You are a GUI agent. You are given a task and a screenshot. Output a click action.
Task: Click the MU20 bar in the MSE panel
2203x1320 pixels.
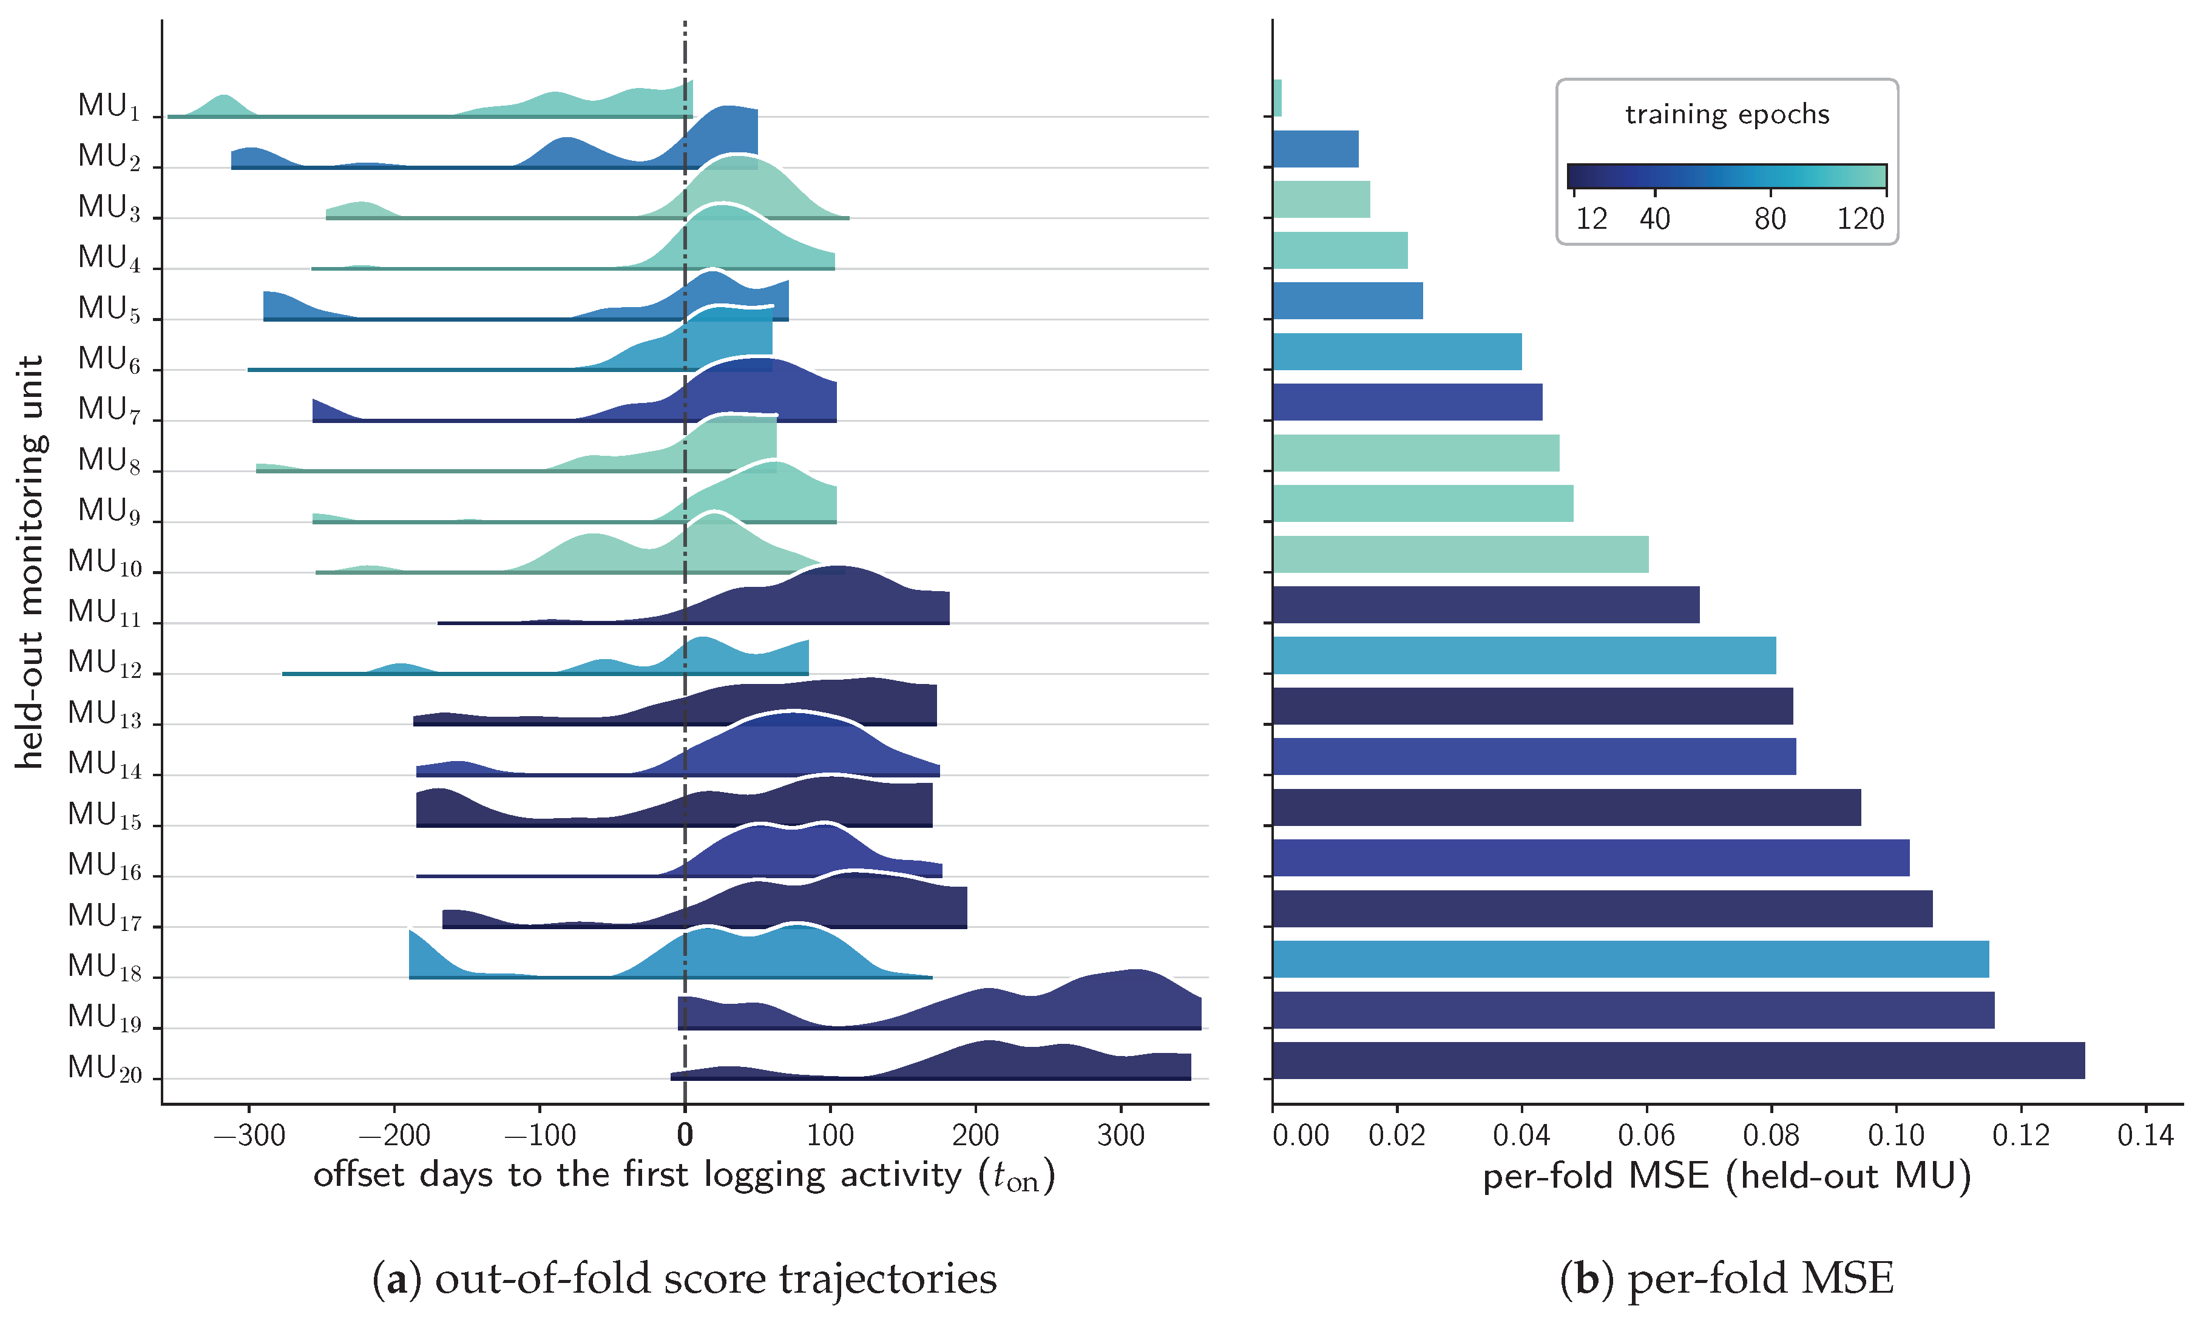coord(1678,1060)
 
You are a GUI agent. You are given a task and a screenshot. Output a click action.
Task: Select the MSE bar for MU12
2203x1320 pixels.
coord(1525,655)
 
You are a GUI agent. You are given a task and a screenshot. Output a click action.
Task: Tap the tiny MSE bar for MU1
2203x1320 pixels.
coord(1277,98)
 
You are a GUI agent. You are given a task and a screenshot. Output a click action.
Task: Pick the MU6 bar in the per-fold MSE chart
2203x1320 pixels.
coord(1397,351)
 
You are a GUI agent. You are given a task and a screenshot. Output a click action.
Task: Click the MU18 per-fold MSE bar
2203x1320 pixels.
coord(1631,959)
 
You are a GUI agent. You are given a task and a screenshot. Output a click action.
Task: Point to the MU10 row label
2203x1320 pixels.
coord(105,562)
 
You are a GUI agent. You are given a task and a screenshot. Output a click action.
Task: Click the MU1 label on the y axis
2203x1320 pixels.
coord(109,106)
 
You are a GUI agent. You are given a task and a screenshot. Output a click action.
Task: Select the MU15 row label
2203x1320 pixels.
coord(105,816)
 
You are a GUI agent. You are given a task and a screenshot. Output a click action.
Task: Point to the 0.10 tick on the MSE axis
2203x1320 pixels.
coord(1896,1135)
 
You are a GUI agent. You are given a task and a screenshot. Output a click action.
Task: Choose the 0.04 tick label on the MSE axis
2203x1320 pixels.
coord(1521,1135)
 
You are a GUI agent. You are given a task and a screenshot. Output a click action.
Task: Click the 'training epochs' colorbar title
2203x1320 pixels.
coord(1727,115)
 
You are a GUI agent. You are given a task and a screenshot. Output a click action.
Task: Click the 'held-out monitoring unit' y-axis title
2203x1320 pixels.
coord(30,562)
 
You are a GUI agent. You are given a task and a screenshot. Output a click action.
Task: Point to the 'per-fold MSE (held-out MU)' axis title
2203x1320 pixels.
coord(1727,1177)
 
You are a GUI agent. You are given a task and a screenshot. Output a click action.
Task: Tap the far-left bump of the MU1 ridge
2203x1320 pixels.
coord(223,103)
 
